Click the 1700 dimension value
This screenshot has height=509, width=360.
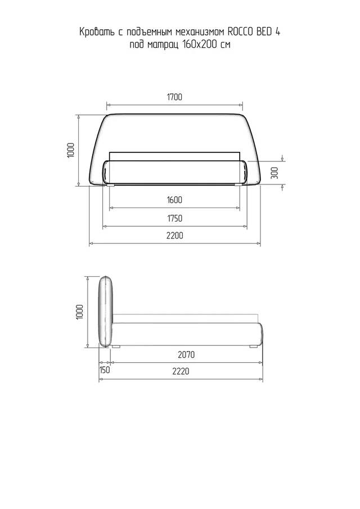[x=174, y=97]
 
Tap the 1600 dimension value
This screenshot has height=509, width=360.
[x=174, y=200]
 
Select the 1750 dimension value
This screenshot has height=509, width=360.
[x=174, y=218]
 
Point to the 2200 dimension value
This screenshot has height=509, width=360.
[x=174, y=235]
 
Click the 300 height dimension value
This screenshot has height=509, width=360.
[x=274, y=173]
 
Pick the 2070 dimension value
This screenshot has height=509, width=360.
[x=186, y=354]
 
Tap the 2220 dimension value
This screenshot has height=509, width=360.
[x=181, y=371]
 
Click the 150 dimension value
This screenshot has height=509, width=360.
[x=105, y=370]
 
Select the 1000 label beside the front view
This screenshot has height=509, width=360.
[x=71, y=150]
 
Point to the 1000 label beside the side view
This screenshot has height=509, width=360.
[x=80, y=312]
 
